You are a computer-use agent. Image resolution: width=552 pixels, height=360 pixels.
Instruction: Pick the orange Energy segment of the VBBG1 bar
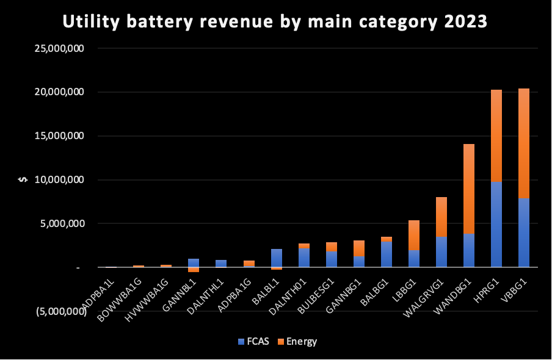[524, 143]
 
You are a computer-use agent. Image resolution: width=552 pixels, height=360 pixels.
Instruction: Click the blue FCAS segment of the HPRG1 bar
[496, 224]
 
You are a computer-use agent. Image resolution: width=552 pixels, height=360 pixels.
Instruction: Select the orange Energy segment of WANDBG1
[468, 189]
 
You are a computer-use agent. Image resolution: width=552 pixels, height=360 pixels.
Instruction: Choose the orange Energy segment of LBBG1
[413, 235]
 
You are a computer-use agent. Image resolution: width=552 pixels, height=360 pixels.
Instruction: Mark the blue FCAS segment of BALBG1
[386, 254]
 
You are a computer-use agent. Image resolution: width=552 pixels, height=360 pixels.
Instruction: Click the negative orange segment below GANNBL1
[194, 269]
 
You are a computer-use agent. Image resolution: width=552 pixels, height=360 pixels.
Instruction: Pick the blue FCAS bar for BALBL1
[276, 257]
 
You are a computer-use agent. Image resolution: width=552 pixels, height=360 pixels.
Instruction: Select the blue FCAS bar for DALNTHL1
[221, 264]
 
